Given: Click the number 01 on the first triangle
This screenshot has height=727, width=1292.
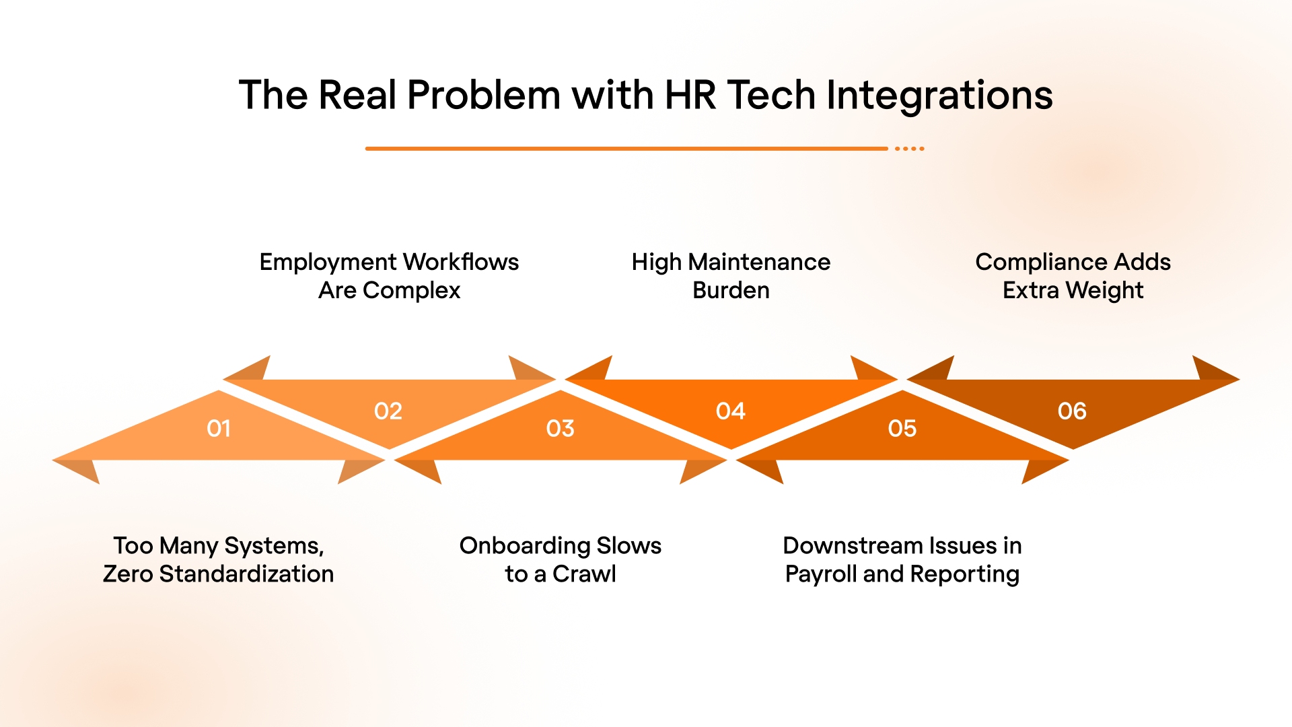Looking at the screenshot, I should coord(219,428).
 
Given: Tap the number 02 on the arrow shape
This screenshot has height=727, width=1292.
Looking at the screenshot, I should coord(388,411).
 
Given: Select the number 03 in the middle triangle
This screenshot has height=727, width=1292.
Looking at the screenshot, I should coord(560,428).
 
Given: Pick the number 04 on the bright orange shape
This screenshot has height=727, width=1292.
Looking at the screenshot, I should coord(730,411).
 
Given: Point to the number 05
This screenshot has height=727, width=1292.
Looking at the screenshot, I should coord(902,428).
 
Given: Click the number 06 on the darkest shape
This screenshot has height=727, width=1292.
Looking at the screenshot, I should coord(1072,411).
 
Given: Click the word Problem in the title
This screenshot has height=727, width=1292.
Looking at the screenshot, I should coord(484,95).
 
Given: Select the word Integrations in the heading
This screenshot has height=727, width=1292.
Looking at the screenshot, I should coord(939,95).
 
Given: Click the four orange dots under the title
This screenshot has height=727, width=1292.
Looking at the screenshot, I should coord(910,148).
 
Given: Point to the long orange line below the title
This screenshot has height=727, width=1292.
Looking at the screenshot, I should coord(626,148).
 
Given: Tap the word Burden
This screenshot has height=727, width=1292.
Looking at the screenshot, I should coord(731,290).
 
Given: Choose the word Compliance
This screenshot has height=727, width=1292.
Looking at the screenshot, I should coord(1041,262).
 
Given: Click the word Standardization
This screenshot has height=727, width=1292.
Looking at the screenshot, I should coord(246,574).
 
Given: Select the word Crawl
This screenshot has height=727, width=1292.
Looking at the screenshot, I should coord(584,574).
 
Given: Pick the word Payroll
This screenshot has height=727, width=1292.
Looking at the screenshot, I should coord(820,574).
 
